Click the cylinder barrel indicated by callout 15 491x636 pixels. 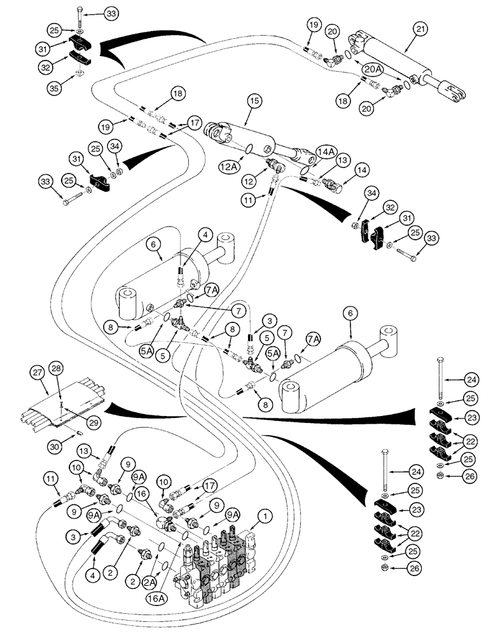pyautogui.click(x=261, y=143)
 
